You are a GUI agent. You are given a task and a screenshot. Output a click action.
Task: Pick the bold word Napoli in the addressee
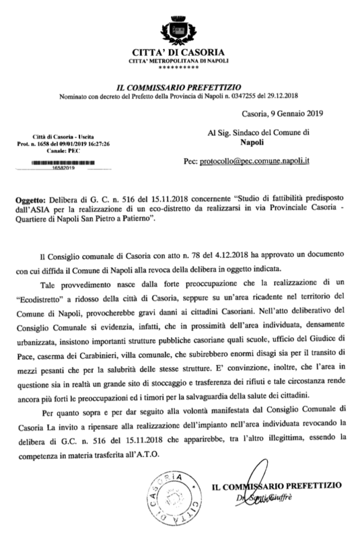[252, 142]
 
